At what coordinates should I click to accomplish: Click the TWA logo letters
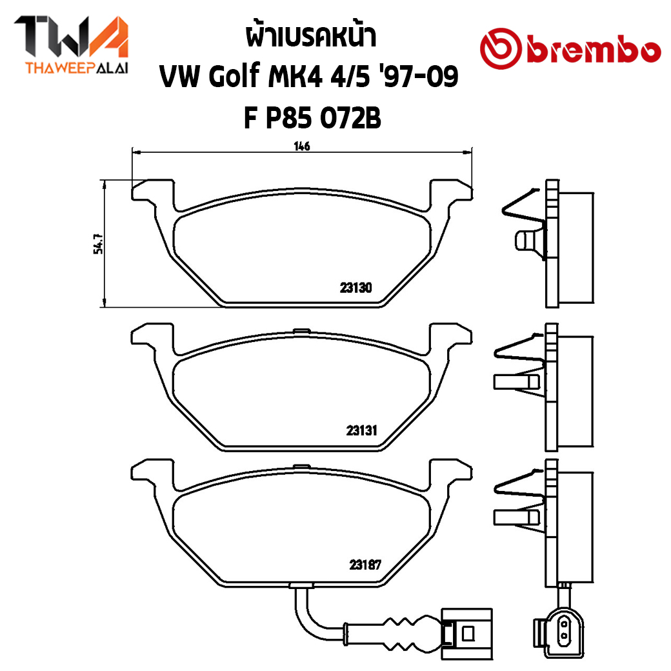(x=72, y=36)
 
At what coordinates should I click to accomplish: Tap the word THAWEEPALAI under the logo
(x=77, y=68)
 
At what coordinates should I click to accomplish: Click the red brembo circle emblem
(x=501, y=49)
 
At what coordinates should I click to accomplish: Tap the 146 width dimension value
(x=302, y=146)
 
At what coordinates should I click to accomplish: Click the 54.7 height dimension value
(x=98, y=244)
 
